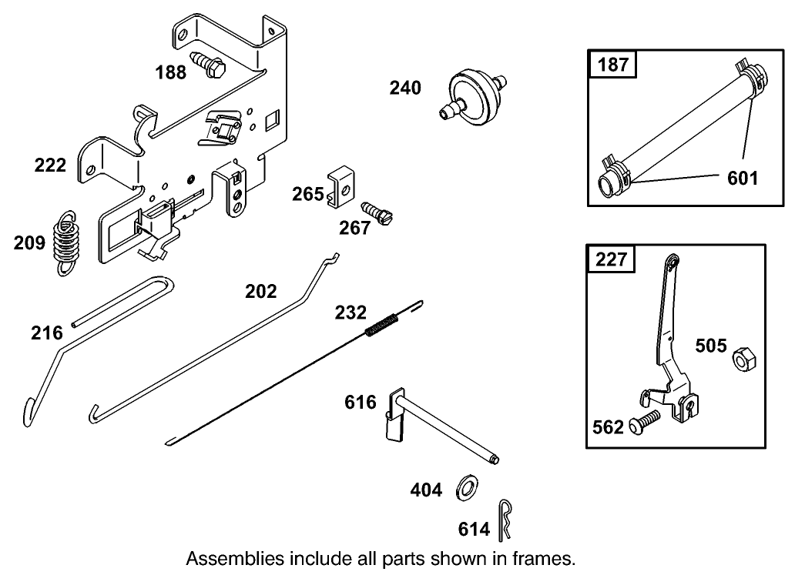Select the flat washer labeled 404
(468, 487)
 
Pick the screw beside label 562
(644, 420)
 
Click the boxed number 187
(613, 64)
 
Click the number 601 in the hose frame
(742, 179)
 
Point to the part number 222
(50, 165)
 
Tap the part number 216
(46, 333)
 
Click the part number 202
(260, 291)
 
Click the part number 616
(361, 402)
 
